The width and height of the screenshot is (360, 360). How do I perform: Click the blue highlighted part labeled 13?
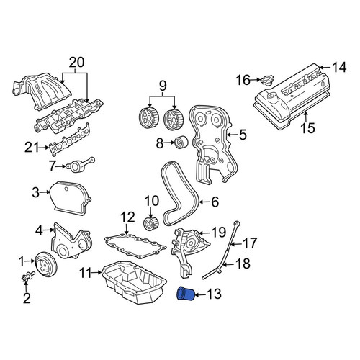(x=186, y=294)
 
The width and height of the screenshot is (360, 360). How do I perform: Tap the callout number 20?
(x=77, y=63)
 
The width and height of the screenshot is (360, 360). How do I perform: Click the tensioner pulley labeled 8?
(x=181, y=143)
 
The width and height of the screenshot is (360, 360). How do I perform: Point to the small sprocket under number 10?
(x=151, y=223)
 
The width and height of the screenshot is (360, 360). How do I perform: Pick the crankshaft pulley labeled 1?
(x=46, y=264)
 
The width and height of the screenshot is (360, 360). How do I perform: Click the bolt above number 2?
(x=28, y=276)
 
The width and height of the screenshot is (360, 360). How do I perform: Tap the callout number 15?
(x=308, y=128)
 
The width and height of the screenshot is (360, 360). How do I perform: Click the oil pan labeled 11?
(x=135, y=283)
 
